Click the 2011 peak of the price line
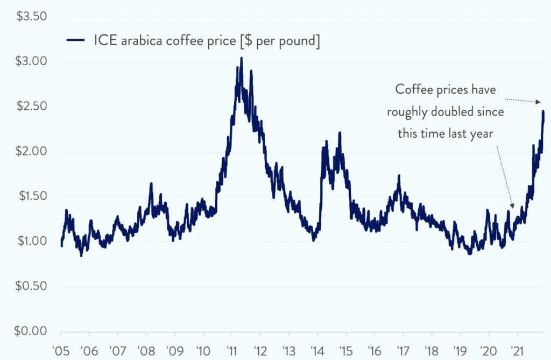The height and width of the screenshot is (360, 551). pos(241,58)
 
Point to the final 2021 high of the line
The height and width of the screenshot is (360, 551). pos(543,111)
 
